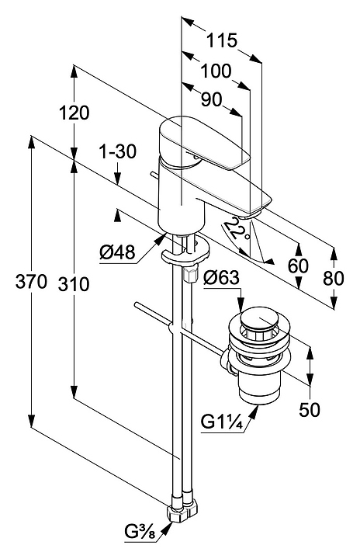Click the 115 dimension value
(222, 40)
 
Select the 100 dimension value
(216, 71)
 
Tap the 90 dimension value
(211, 100)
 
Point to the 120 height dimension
(74, 113)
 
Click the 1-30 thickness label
(117, 152)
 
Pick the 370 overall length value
(31, 282)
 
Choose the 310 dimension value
(74, 284)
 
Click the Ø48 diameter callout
(118, 253)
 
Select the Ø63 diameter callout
(221, 278)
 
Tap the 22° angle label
(235, 229)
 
